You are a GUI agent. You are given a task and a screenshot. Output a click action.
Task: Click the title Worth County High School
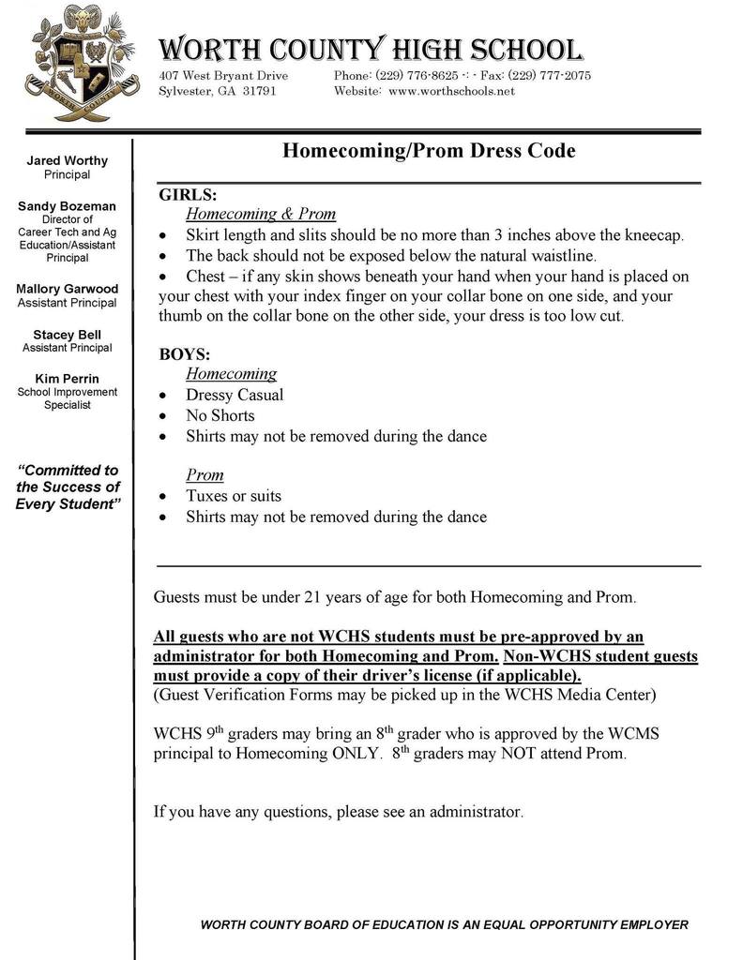[370, 50]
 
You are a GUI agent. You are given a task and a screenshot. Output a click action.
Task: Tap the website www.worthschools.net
[451, 92]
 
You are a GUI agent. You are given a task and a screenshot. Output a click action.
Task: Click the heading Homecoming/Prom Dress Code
[429, 151]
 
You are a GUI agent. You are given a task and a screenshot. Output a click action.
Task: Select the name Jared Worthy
[68, 161]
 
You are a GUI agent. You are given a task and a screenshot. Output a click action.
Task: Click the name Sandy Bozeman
[68, 206]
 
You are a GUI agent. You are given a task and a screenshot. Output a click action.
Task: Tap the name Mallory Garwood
[68, 289]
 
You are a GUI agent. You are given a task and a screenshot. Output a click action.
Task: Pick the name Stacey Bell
[68, 335]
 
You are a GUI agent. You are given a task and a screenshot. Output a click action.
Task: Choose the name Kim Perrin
[68, 379]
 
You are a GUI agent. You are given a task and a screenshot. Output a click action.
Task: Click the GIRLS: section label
[188, 195]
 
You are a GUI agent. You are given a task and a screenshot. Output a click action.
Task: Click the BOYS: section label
[185, 355]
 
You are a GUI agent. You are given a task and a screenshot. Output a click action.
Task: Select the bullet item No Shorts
[220, 415]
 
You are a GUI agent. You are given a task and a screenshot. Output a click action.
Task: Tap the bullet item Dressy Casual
[235, 395]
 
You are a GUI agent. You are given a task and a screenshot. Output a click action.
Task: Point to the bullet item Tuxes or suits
[234, 496]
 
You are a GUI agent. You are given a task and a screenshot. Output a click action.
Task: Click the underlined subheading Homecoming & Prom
[261, 214]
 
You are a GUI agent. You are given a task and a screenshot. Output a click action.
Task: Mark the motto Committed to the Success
[68, 487]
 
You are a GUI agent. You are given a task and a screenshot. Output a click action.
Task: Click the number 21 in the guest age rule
[319, 596]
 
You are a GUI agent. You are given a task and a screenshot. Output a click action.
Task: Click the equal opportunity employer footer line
[445, 925]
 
